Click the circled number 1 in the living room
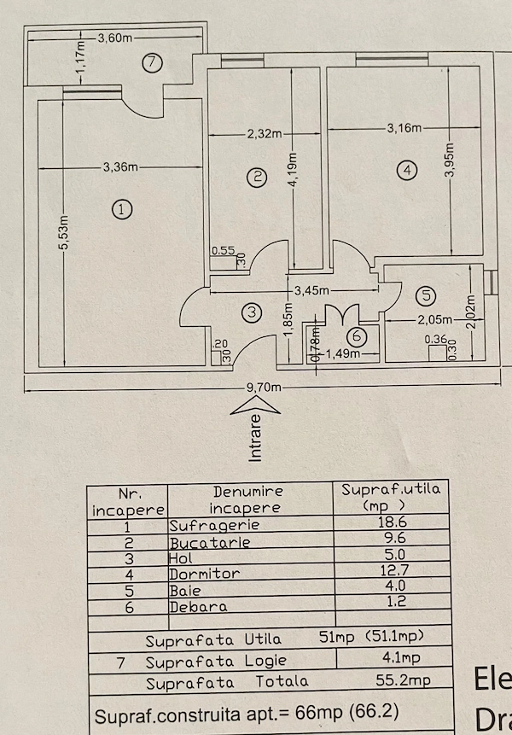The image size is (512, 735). click(122, 209)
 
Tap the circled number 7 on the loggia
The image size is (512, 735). click(152, 63)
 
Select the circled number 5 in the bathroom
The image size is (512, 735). click(426, 295)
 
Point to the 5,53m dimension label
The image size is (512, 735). click(64, 233)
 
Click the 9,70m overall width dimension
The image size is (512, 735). click(265, 388)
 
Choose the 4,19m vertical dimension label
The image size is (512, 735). click(293, 171)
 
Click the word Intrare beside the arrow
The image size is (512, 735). click(255, 438)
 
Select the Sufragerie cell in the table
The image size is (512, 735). click(214, 525)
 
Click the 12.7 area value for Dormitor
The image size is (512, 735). click(394, 570)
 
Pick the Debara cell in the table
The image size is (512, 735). click(198, 607)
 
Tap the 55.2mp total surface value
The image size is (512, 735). click(403, 680)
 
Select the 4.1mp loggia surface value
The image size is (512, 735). click(401, 657)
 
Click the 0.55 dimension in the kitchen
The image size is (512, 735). click(223, 251)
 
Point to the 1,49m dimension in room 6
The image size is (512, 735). click(343, 353)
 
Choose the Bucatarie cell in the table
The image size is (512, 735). click(209, 543)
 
